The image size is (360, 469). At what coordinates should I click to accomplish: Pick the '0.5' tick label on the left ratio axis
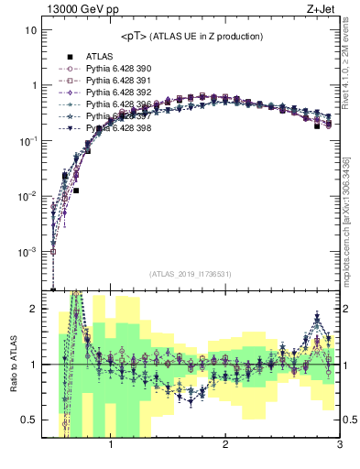tap(29, 420)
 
